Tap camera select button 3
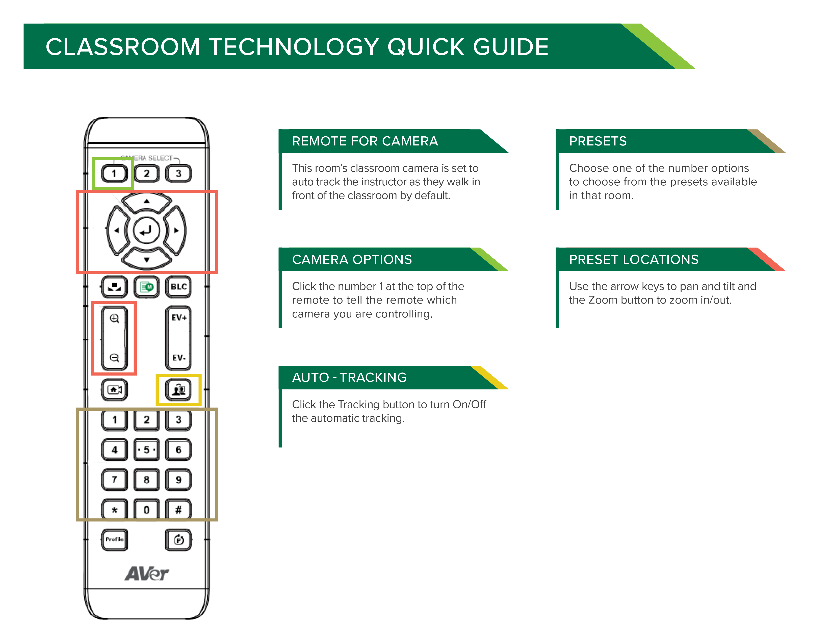[178, 174]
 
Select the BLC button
[178, 287]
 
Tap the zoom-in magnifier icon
[114, 318]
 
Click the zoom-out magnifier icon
[114, 358]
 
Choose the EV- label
[178, 358]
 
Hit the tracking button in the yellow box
[178, 389]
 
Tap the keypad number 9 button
[178, 480]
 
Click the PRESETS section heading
[598, 141]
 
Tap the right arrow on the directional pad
[176, 230]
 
